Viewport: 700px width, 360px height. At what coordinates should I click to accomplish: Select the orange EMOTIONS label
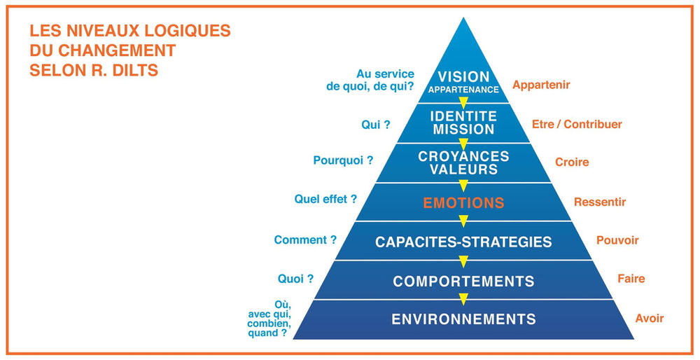pyautogui.click(x=463, y=203)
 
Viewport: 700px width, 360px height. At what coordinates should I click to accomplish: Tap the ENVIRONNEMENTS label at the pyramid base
pyautogui.click(x=463, y=319)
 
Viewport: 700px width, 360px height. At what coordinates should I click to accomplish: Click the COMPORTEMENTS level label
pyautogui.click(x=463, y=282)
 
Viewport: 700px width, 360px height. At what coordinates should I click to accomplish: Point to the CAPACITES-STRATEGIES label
pyautogui.click(x=463, y=242)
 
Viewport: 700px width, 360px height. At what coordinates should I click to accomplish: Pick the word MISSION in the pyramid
pyautogui.click(x=463, y=130)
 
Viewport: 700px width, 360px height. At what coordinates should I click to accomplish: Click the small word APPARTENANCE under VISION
pyautogui.click(x=463, y=90)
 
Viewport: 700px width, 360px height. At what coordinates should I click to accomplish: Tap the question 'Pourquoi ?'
pyautogui.click(x=343, y=160)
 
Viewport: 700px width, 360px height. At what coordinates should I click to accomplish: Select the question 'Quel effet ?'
pyautogui.click(x=325, y=199)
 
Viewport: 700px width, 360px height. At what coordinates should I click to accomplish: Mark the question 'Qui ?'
pyautogui.click(x=376, y=124)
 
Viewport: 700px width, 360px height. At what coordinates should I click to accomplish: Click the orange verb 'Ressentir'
pyautogui.click(x=600, y=202)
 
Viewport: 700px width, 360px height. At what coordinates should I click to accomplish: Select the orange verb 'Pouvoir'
pyautogui.click(x=617, y=240)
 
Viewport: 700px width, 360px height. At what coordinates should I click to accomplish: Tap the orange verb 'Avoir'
pyautogui.click(x=649, y=318)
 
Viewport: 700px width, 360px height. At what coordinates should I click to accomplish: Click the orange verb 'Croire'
pyautogui.click(x=572, y=162)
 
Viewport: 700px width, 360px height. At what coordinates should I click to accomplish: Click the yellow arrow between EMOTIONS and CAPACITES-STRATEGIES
pyautogui.click(x=463, y=222)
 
